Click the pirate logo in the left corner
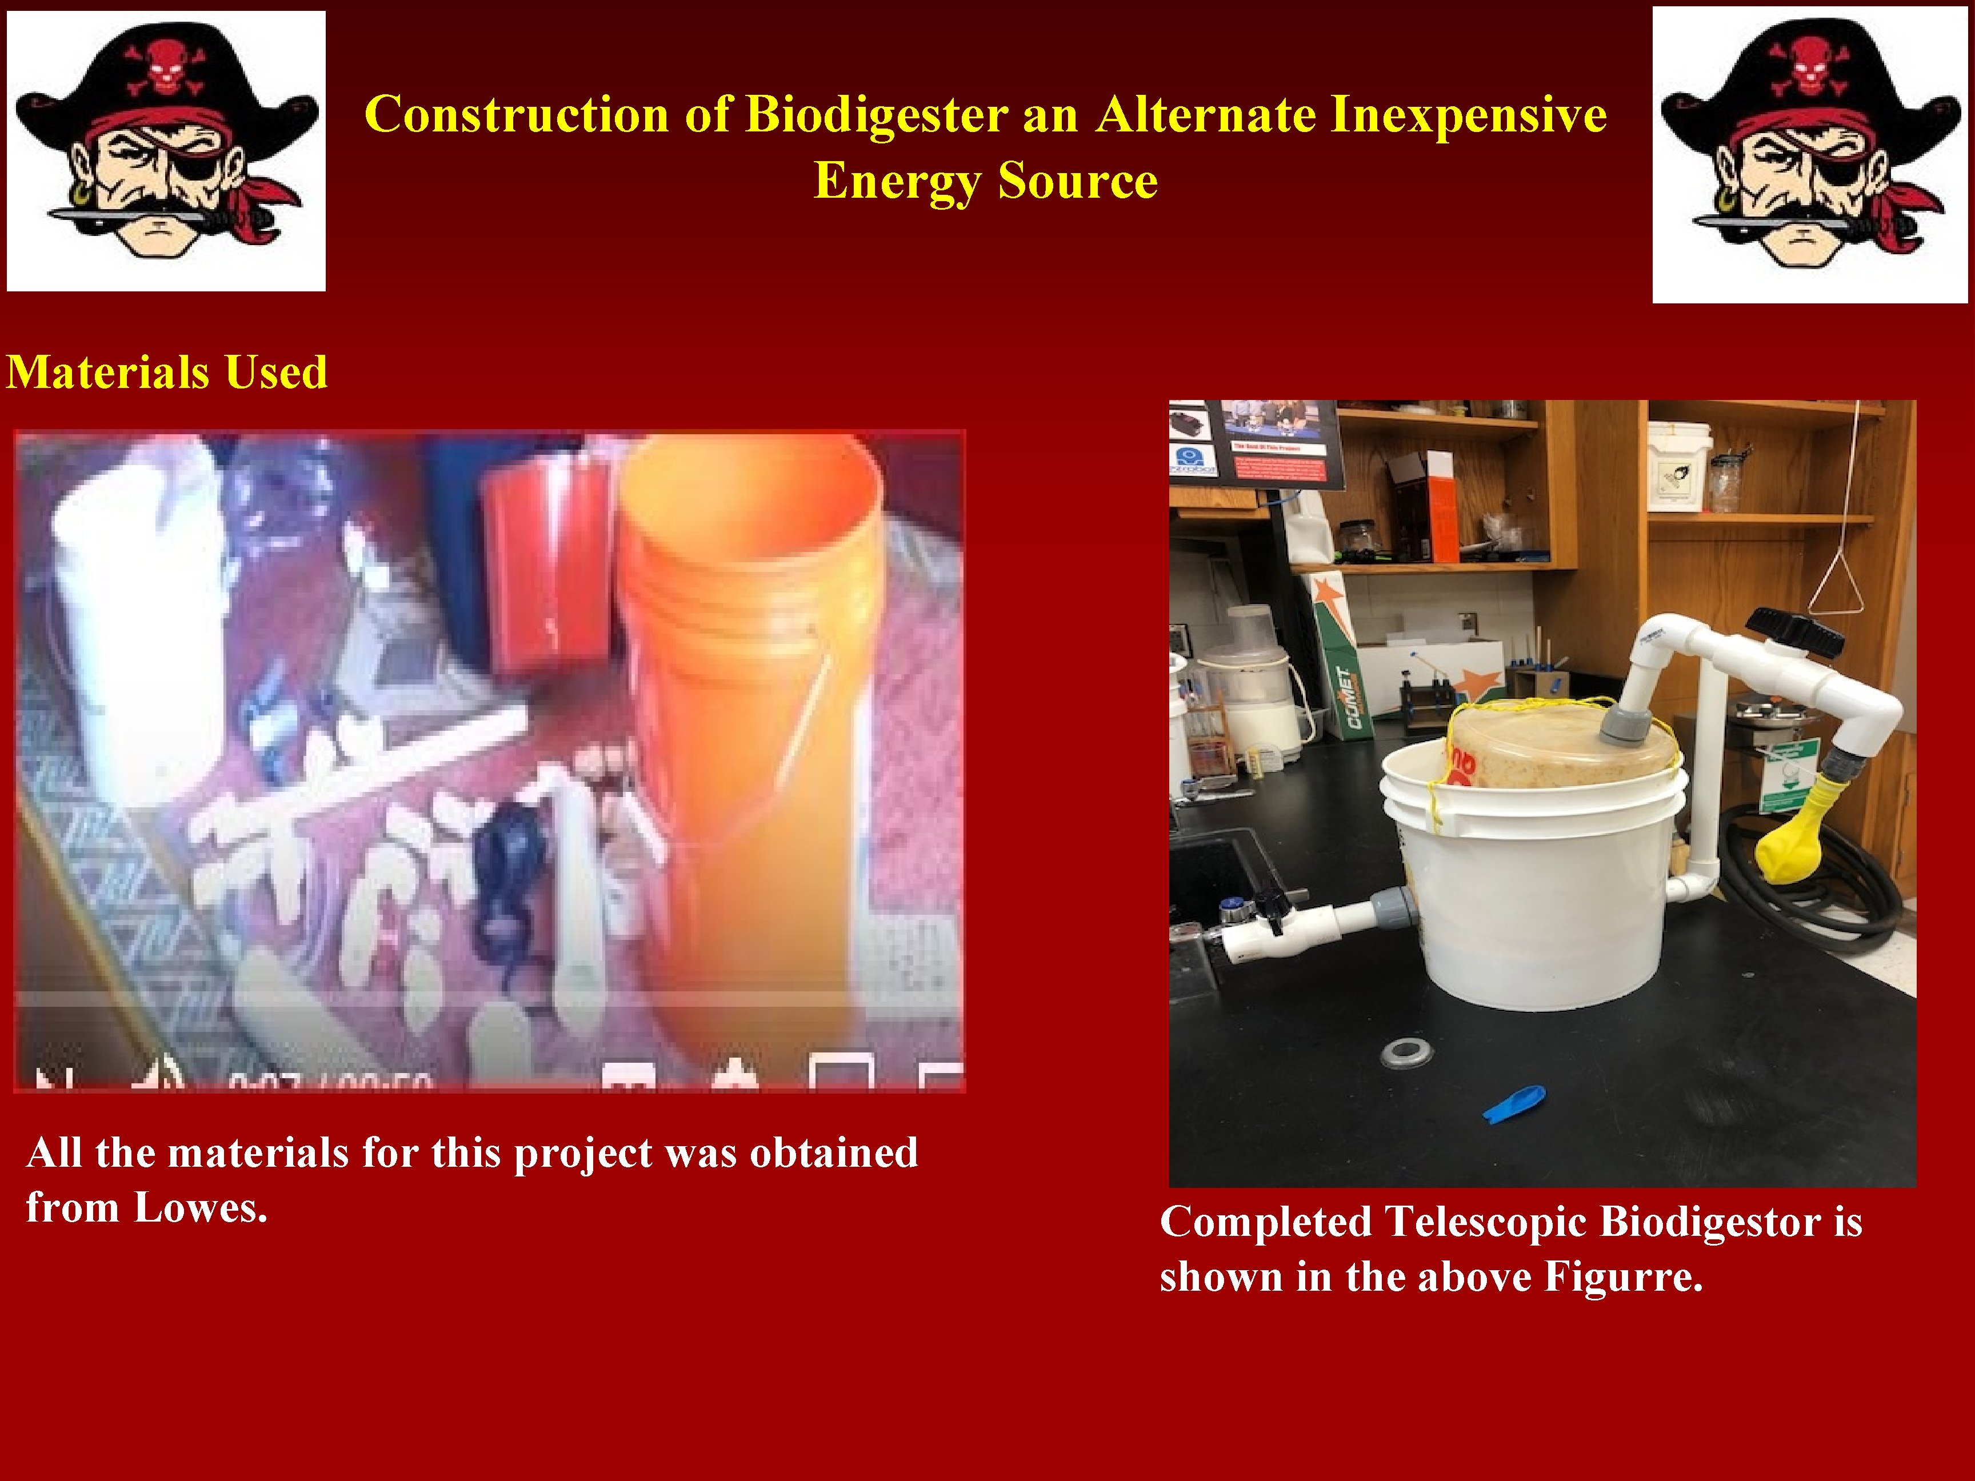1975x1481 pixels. tap(166, 150)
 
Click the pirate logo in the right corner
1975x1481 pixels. tap(1809, 154)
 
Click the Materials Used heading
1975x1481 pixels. tap(167, 373)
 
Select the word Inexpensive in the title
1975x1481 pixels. tap(1469, 115)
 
